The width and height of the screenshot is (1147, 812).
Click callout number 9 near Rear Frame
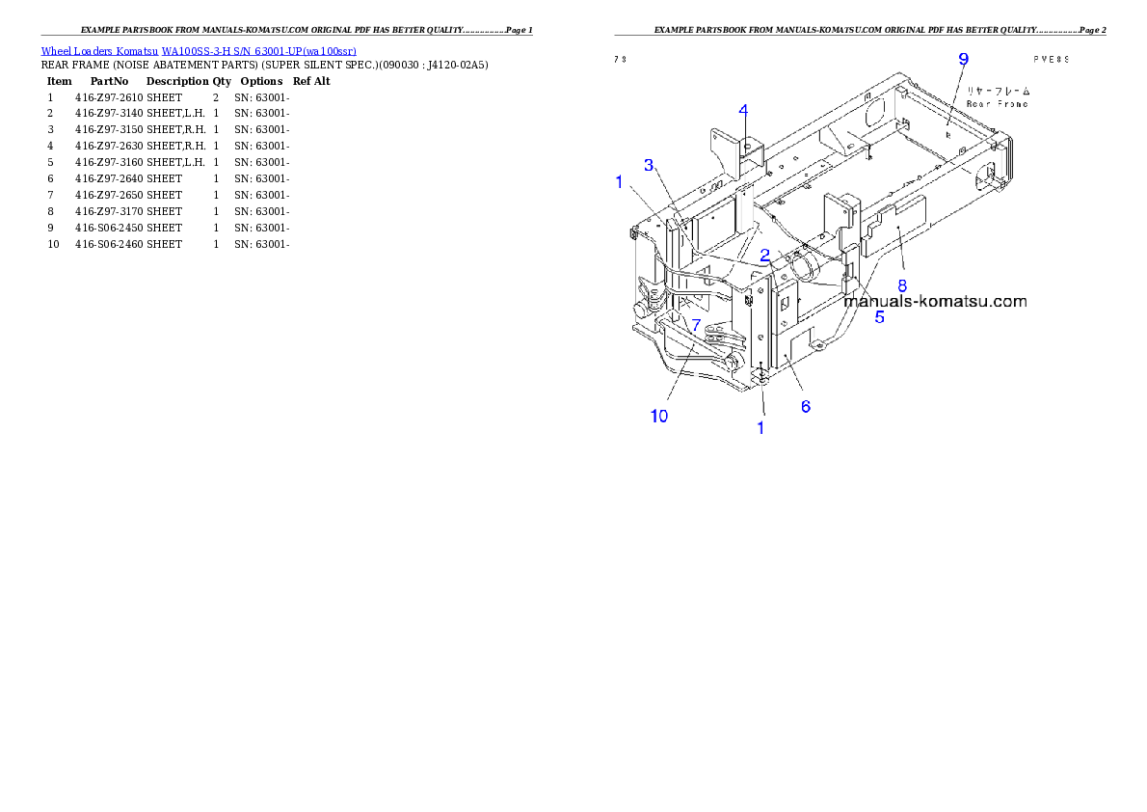click(x=962, y=60)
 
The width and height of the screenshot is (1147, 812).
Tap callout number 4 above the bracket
click(x=743, y=109)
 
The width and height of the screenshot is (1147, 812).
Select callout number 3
click(x=650, y=166)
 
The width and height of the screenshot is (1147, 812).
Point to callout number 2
click(x=763, y=256)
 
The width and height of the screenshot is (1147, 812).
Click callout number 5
click(x=879, y=316)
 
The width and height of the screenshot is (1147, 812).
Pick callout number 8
click(x=902, y=285)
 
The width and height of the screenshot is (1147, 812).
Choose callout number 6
click(x=806, y=407)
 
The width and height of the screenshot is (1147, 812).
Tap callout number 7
click(x=696, y=326)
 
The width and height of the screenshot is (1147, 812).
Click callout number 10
click(x=658, y=416)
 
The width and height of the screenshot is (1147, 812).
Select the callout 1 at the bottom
click(x=760, y=427)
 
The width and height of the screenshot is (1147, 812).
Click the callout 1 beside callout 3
click(x=619, y=180)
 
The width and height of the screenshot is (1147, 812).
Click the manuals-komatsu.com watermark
click(x=934, y=301)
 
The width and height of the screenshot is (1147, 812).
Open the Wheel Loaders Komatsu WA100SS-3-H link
click(x=199, y=51)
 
